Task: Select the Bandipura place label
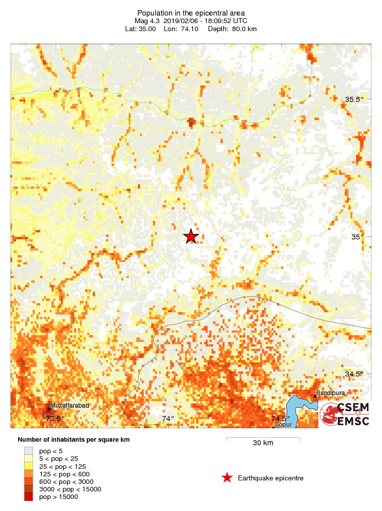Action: click(x=330, y=393)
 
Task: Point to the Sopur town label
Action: click(x=283, y=425)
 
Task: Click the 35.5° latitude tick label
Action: click(x=354, y=99)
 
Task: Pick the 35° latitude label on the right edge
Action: click(x=357, y=237)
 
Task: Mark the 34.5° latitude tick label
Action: click(x=354, y=374)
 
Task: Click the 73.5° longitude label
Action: click(x=55, y=418)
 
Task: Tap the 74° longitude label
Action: click(x=167, y=418)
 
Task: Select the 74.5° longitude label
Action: click(x=281, y=418)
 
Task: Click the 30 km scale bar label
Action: click(x=263, y=443)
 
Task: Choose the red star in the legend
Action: click(x=227, y=478)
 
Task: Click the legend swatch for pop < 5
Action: click(x=29, y=451)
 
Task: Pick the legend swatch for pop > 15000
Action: click(x=29, y=496)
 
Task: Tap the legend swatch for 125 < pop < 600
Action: click(x=29, y=474)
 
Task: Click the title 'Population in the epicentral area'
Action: click(x=191, y=13)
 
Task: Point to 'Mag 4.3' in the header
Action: click(x=146, y=21)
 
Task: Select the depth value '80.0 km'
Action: click(x=245, y=29)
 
